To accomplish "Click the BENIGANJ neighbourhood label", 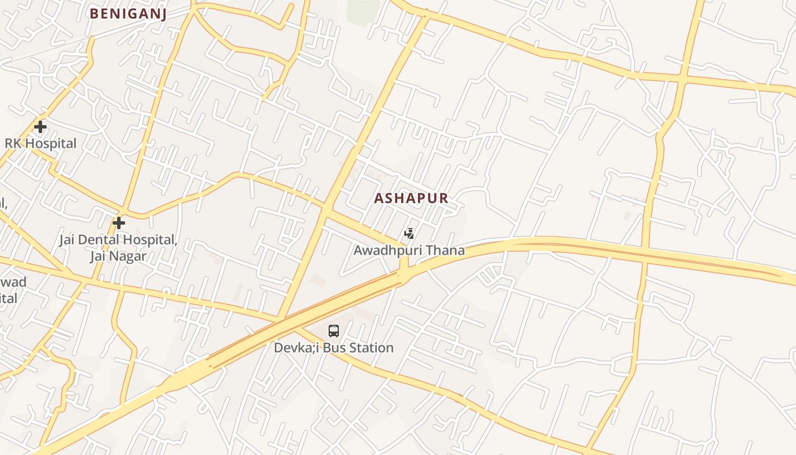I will (128, 14).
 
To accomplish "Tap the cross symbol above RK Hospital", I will (40, 126).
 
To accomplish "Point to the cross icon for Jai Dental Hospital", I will (118, 222).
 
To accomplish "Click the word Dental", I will (101, 240).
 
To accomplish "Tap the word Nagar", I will (128, 257).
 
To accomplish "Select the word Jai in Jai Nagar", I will (98, 257).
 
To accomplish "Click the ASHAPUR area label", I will (411, 198).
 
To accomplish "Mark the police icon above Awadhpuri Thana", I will (409, 233).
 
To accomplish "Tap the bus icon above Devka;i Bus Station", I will (334, 330).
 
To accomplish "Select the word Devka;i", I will (296, 348).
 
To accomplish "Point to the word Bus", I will (331, 348).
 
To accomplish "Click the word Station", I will (370, 348).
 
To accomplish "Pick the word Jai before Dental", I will (68, 240).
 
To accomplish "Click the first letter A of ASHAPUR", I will (379, 198).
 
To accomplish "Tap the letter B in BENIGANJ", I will (94, 14).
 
